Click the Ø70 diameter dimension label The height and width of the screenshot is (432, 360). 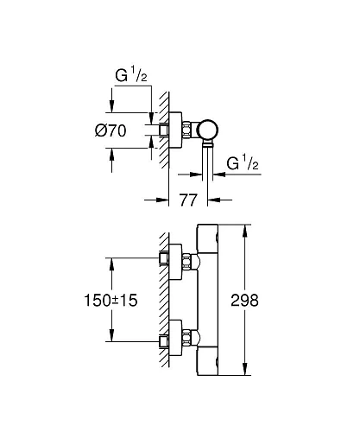coord(111,130)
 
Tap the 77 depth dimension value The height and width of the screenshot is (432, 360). coord(188,200)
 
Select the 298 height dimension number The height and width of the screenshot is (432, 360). coord(244,301)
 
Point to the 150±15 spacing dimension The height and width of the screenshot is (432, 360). coord(111,300)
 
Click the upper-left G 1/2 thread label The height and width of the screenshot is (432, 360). coord(131,74)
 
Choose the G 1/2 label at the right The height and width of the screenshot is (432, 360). coord(243,162)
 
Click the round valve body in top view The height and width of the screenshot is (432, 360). coord(207,130)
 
